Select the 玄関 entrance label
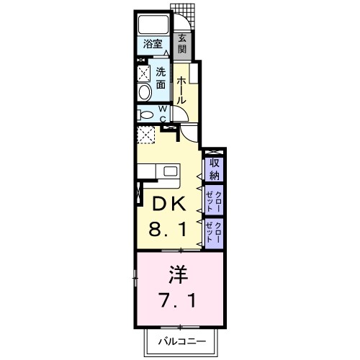(x=183, y=44)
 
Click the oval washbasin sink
(x=143, y=91)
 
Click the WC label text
(x=163, y=114)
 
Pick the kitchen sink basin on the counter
(x=170, y=171)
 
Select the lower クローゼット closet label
(x=214, y=233)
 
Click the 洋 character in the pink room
(x=179, y=275)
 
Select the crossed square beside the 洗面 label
(x=143, y=72)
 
